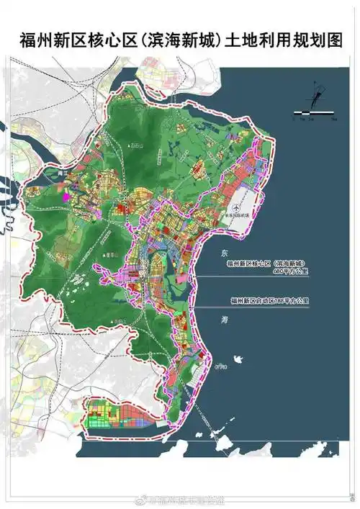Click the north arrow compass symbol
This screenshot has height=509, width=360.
pyautogui.click(x=315, y=96)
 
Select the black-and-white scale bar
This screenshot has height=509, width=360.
pyautogui.click(x=314, y=113)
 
